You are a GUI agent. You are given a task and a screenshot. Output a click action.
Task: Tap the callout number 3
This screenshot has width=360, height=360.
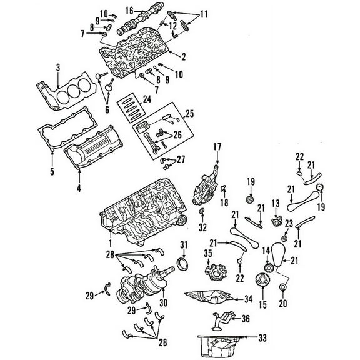coord(57,67)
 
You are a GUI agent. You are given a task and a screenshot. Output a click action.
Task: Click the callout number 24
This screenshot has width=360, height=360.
coord(147,99)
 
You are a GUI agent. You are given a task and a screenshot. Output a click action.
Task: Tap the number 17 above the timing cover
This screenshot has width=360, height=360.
coord(218,147)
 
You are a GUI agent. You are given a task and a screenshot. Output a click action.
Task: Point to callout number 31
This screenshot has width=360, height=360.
coord(184,244)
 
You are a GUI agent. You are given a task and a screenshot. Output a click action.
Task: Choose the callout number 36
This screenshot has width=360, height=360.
coord(246,319)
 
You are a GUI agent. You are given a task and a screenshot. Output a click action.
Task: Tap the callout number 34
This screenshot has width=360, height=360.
coord(247,298)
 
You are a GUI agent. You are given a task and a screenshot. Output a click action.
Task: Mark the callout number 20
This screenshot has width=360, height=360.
coord(282,305)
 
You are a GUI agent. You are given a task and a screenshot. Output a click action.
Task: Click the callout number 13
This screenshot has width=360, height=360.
coord(274,202)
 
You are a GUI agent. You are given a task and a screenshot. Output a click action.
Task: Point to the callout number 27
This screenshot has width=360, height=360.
coord(181,159)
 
